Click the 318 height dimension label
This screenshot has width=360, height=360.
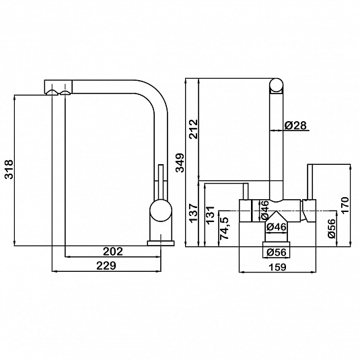click(9, 169)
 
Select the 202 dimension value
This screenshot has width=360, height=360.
click(113, 252)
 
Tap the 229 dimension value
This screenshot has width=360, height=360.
click(106, 266)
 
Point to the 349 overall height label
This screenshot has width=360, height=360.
click(180, 163)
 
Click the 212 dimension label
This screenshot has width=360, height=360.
click(193, 129)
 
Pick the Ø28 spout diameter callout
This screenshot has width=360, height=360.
click(295, 125)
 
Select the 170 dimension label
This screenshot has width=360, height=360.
click(345, 205)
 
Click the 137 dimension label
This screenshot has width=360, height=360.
click(193, 213)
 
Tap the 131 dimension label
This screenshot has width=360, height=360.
click(210, 215)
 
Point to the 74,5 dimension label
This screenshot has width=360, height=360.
click(224, 228)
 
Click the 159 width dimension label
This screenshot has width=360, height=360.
click(277, 267)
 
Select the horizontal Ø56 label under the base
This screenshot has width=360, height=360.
click(277, 252)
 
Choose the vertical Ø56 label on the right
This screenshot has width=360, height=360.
click(332, 228)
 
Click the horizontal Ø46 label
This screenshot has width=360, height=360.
click(277, 227)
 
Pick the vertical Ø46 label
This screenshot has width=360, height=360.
click(264, 209)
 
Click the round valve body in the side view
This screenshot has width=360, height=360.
click(161, 211)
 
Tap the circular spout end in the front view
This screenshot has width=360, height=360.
click(276, 85)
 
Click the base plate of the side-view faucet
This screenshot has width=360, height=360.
click(161, 243)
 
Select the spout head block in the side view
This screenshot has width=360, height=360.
click(59, 87)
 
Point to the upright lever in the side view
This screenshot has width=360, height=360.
click(161, 182)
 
